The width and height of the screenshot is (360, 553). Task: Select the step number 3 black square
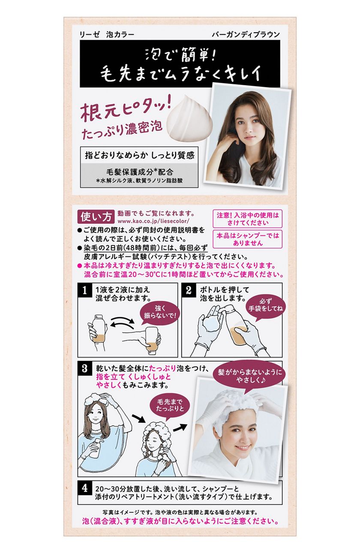click(x=84, y=369)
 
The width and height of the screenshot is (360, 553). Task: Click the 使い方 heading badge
click(x=96, y=217)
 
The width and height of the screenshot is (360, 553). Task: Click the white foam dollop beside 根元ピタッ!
click(x=190, y=118)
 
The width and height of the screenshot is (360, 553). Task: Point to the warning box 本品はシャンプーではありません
click(x=247, y=239)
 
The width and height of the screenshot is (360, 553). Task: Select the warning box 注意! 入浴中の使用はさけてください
click(x=247, y=219)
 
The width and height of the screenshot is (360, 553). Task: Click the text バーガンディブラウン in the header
click(x=246, y=35)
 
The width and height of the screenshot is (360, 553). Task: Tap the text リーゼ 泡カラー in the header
click(x=107, y=35)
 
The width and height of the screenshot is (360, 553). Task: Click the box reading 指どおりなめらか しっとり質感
click(x=139, y=155)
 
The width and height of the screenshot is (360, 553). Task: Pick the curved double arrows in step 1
click(x=123, y=323)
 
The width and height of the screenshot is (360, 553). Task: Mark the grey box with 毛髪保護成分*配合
click(x=139, y=175)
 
